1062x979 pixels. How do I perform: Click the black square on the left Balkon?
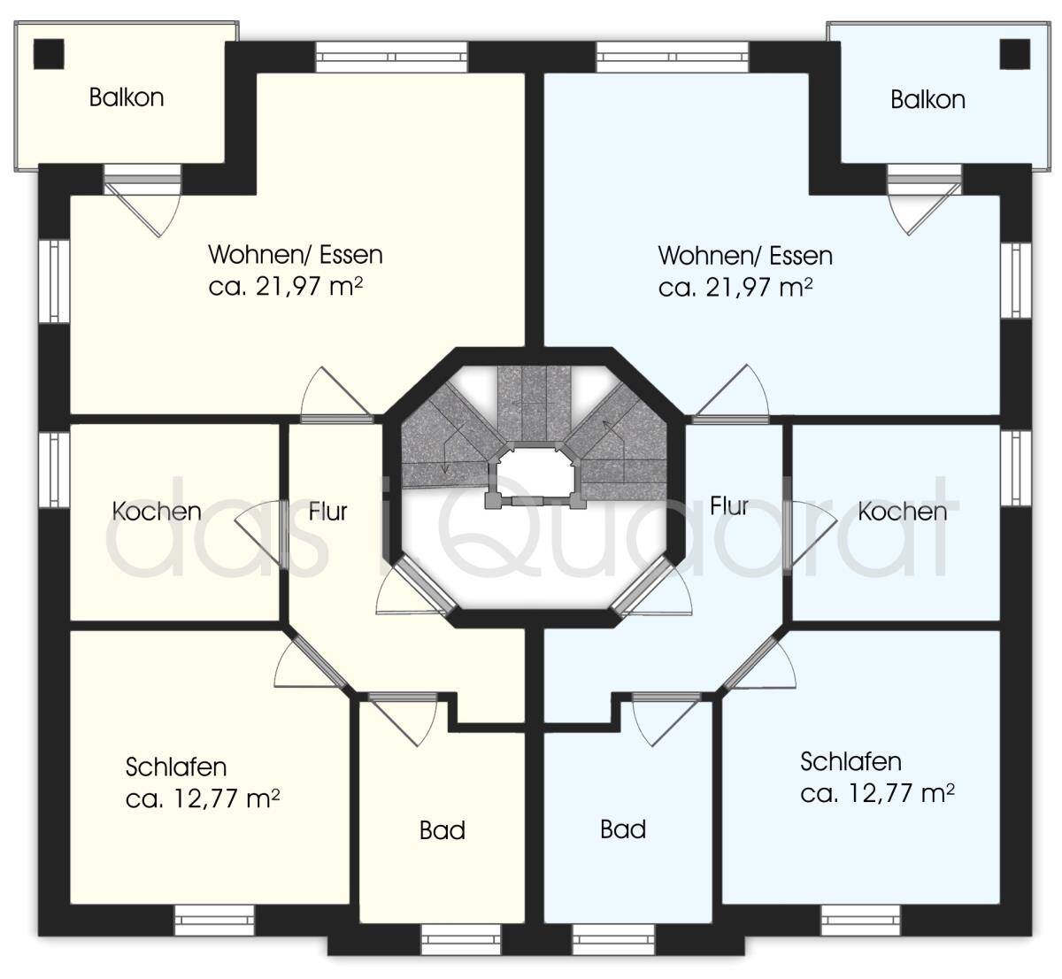point(49,53)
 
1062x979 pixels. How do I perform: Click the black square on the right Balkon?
point(1014,53)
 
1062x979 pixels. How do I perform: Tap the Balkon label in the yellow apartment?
point(127,97)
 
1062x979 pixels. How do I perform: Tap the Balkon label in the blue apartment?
point(927,100)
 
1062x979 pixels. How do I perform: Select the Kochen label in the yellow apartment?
point(157,512)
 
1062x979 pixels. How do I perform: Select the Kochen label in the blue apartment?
point(902,512)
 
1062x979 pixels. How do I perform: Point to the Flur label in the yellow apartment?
point(327,512)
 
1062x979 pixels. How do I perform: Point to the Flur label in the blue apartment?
point(729,506)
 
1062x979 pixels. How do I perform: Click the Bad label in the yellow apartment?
point(442,830)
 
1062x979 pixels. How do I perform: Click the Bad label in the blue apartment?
point(623,829)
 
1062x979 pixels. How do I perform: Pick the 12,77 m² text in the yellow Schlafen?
point(226,798)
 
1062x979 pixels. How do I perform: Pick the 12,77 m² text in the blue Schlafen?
point(901,793)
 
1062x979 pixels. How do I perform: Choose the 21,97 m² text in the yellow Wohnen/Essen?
point(309,287)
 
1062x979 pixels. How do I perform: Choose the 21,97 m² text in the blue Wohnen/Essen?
point(759,288)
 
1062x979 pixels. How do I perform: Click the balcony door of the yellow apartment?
point(142,201)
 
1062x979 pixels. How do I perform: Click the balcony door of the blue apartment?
point(924,200)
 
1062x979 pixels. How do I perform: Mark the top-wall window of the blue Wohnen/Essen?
point(673,58)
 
